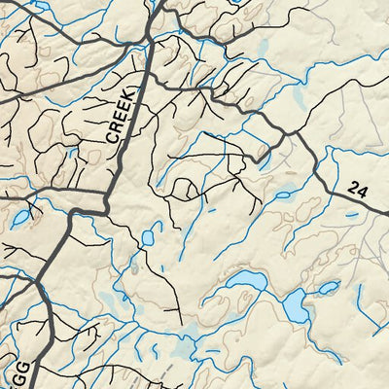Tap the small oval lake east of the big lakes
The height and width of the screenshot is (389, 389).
tap(329, 288)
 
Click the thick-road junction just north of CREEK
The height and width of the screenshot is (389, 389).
tap(146, 39)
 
